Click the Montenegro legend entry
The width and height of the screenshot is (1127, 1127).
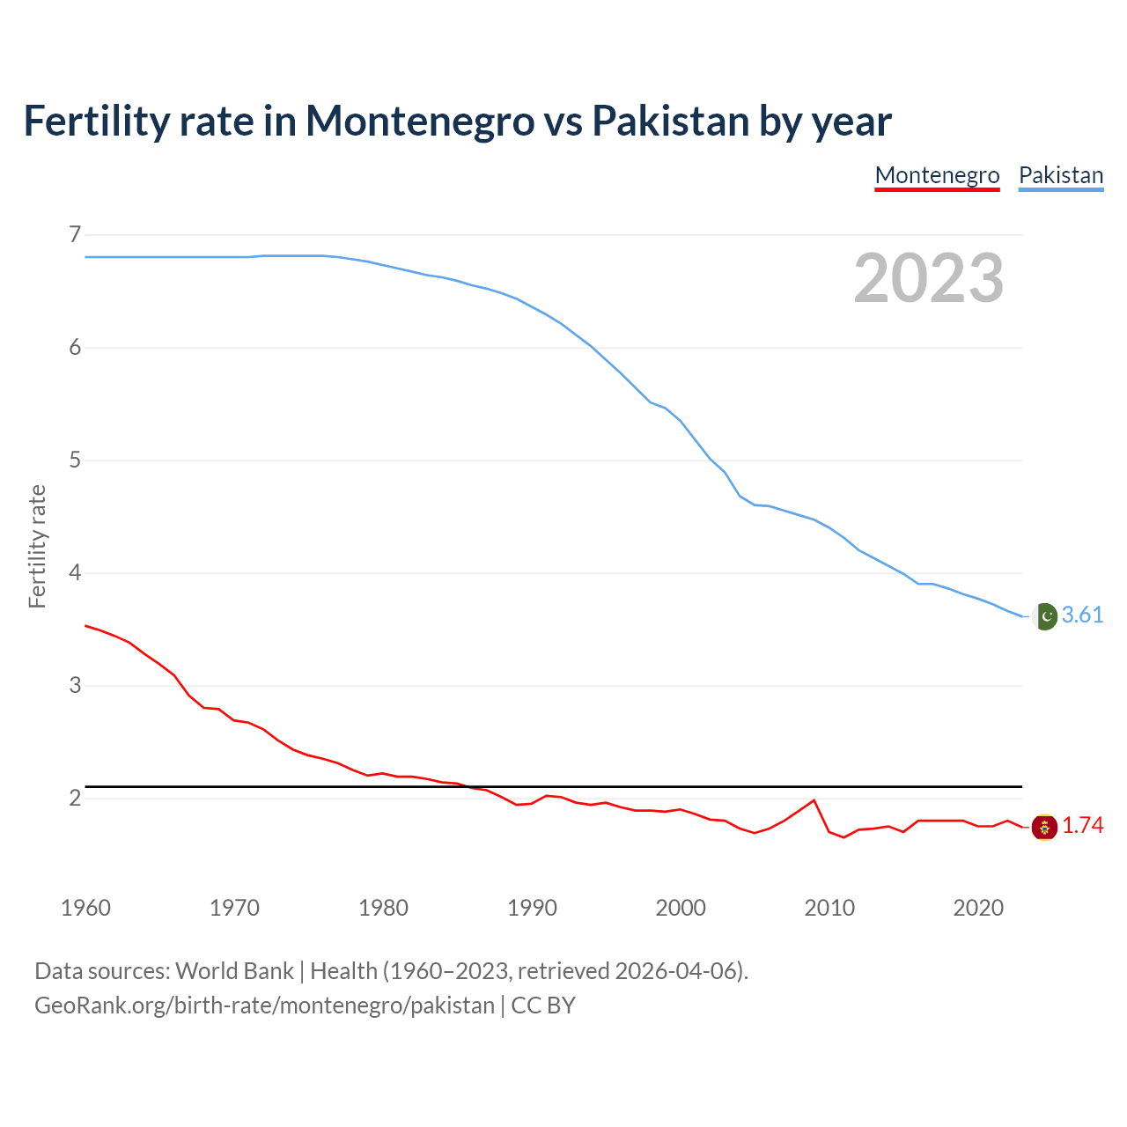point(937,175)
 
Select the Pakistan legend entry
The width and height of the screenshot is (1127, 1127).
point(1060,175)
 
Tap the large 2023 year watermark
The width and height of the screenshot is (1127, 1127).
point(928,278)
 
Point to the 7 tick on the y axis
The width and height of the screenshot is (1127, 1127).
point(75,235)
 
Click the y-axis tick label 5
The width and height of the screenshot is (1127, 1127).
point(75,460)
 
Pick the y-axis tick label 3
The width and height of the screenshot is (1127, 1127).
point(75,686)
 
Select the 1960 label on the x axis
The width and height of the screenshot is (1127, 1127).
point(85,908)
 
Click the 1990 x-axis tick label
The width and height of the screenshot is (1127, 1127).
point(532,908)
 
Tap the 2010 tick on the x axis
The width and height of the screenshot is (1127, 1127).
point(829,908)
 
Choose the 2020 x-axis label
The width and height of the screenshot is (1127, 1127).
point(977,908)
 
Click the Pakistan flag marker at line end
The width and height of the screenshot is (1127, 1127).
point(1045,616)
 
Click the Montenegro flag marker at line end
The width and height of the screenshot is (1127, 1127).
point(1045,827)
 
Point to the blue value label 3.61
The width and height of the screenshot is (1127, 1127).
point(1082,615)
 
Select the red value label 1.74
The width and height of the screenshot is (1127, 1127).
point(1082,826)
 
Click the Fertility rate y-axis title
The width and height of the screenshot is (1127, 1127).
point(37,546)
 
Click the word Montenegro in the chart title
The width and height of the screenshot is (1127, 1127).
point(420,121)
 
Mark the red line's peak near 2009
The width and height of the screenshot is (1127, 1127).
point(814,800)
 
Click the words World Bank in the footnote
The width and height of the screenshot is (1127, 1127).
point(234,971)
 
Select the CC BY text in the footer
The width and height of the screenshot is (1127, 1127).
point(543,1005)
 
